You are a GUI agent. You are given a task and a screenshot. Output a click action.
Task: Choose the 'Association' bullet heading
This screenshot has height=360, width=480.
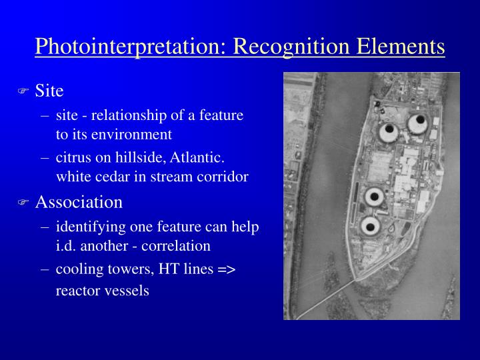pos(79,201)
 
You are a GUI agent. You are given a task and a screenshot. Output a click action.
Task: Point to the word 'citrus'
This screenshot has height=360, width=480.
pos(73,157)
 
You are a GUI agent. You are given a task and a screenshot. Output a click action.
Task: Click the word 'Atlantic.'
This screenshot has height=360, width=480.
pos(197,157)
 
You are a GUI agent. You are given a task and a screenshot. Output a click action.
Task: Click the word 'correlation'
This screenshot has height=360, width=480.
pos(175,245)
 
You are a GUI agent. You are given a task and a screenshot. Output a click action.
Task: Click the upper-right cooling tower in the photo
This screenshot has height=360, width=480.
pos(417,125)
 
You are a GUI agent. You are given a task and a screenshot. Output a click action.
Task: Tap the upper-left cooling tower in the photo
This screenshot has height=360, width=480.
pos(388,131)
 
